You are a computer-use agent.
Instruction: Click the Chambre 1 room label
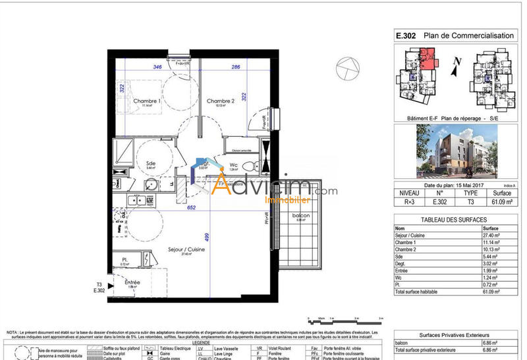coord(147,101)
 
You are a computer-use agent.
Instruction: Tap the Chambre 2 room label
coord(221,101)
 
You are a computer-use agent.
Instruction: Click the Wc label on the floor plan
coord(234,165)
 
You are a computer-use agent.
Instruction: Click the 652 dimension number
coord(192,207)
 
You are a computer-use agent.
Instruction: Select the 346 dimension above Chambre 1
coord(157,67)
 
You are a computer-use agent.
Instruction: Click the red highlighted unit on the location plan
coord(427,62)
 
